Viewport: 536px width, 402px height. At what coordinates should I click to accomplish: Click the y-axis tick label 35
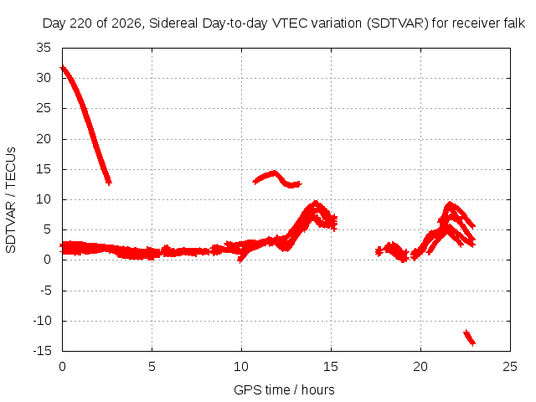point(44,48)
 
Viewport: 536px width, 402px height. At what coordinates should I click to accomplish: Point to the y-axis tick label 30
point(44,78)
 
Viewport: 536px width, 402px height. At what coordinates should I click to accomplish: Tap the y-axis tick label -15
point(42,351)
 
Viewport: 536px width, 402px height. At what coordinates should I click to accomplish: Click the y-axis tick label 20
point(44,139)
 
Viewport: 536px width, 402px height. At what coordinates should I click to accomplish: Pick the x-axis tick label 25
point(510,367)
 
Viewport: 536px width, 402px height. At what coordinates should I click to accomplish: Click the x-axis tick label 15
point(331,367)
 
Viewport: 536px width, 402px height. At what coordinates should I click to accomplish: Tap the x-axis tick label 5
point(152,367)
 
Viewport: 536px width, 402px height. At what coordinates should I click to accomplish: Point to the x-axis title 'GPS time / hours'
point(284,389)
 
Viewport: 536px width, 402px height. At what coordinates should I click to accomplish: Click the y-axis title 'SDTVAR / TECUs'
point(11,200)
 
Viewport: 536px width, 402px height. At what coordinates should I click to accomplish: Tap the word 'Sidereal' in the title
point(173,23)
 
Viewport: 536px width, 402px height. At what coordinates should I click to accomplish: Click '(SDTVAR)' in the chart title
point(397,23)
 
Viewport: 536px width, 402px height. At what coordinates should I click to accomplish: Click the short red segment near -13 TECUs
point(469,338)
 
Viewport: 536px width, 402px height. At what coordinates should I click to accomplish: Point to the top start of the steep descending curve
point(62,68)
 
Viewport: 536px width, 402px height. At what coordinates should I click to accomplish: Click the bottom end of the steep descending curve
point(108,182)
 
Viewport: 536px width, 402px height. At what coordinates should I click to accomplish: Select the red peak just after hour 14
point(315,204)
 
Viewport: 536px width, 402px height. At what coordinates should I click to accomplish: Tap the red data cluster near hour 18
point(392,251)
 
